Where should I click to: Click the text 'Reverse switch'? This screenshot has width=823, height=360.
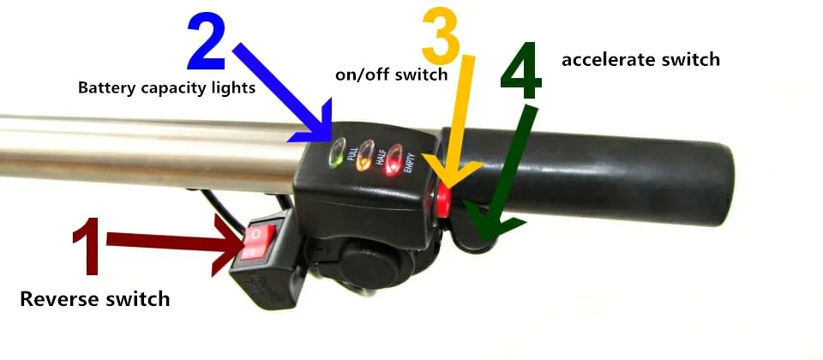click(x=94, y=299)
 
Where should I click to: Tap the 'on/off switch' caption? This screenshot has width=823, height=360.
click(x=391, y=75)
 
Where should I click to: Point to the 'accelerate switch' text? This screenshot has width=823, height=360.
click(x=640, y=60)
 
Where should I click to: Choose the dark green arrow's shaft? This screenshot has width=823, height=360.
click(x=514, y=163)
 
